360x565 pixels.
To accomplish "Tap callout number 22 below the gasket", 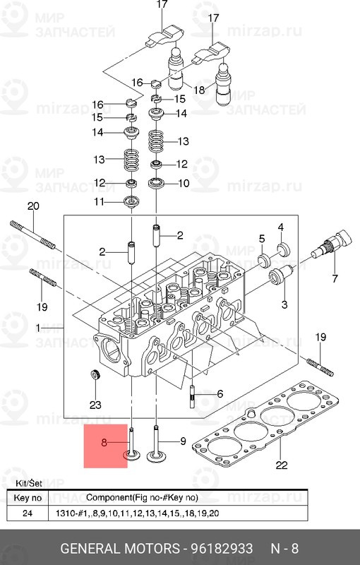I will point(281,465).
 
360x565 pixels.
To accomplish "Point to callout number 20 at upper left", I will point(32,206).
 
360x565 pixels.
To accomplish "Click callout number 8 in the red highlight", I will point(104,443).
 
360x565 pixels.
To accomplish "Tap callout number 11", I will point(100,202).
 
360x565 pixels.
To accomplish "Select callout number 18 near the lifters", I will point(199,90).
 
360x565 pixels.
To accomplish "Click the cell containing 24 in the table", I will point(27,513).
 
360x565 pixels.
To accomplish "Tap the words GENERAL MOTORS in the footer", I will point(119,549).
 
